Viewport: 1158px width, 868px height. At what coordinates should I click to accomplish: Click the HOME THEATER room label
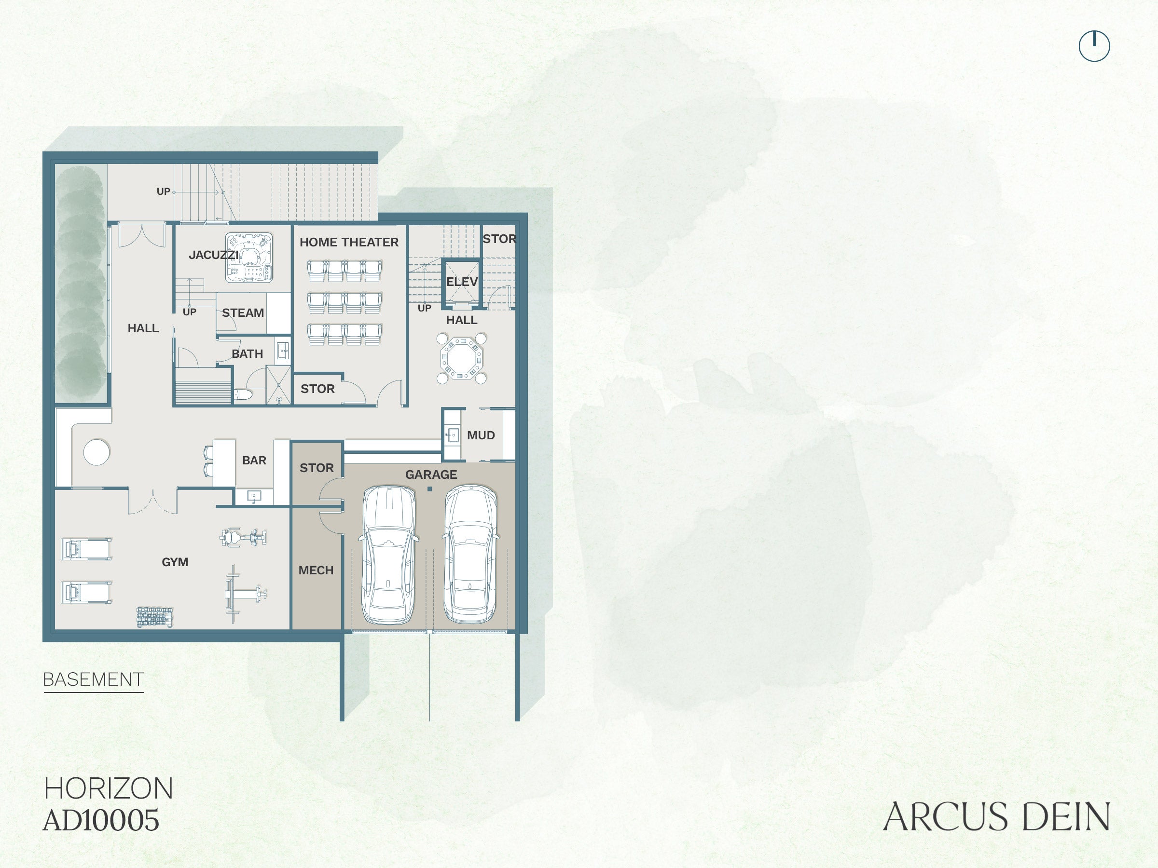pyautogui.click(x=349, y=242)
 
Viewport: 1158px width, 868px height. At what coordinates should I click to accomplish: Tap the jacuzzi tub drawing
pyautogui.click(x=249, y=257)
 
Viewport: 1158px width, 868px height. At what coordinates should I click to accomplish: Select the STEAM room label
pyautogui.click(x=243, y=313)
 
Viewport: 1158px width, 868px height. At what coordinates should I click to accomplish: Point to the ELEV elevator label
pyautogui.click(x=462, y=282)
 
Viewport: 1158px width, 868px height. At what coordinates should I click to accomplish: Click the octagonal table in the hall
pyautogui.click(x=461, y=359)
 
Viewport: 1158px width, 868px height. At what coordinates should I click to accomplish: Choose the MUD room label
pyautogui.click(x=481, y=435)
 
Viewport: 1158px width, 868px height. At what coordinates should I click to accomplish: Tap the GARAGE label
pyautogui.click(x=431, y=475)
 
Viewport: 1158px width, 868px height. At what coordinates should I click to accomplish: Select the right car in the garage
pyautogui.click(x=470, y=554)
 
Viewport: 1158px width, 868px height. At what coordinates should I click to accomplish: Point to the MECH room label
pyautogui.click(x=316, y=570)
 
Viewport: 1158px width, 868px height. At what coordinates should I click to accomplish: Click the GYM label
pyautogui.click(x=175, y=562)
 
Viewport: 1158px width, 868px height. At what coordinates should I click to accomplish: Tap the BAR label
pyautogui.click(x=254, y=461)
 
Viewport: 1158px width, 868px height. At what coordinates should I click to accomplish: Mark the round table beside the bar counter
pyautogui.click(x=97, y=452)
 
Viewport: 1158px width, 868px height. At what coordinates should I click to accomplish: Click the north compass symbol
pyautogui.click(x=1094, y=46)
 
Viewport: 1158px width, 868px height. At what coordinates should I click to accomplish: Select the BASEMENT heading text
pyautogui.click(x=93, y=679)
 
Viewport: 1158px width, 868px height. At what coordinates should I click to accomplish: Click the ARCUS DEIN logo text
pyautogui.click(x=996, y=817)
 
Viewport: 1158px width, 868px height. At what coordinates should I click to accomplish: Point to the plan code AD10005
pyautogui.click(x=101, y=820)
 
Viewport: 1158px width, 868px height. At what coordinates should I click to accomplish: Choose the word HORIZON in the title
pyautogui.click(x=109, y=788)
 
